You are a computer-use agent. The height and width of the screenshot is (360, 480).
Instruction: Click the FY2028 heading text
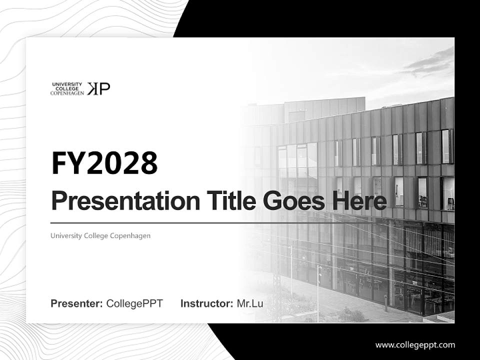(x=104, y=163)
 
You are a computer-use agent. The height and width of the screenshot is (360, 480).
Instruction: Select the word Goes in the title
(x=291, y=201)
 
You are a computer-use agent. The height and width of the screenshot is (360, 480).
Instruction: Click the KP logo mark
(x=98, y=88)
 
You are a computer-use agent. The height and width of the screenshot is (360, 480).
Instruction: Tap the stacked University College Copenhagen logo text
(x=67, y=89)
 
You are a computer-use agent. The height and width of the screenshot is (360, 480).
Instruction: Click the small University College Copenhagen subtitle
(x=100, y=235)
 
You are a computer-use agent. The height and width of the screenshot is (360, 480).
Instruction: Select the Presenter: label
(x=77, y=303)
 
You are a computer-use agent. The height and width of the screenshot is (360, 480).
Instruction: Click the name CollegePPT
(x=134, y=303)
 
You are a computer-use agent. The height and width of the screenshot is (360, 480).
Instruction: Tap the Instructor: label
(x=206, y=303)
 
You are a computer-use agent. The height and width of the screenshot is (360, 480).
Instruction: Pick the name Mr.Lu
(x=250, y=303)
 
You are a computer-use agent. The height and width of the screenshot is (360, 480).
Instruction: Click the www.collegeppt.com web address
(x=415, y=344)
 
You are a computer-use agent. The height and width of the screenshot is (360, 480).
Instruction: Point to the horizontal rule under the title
(x=200, y=223)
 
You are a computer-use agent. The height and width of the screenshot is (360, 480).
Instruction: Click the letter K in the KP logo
(x=93, y=88)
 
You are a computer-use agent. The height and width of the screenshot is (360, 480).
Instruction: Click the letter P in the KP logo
(x=105, y=88)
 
